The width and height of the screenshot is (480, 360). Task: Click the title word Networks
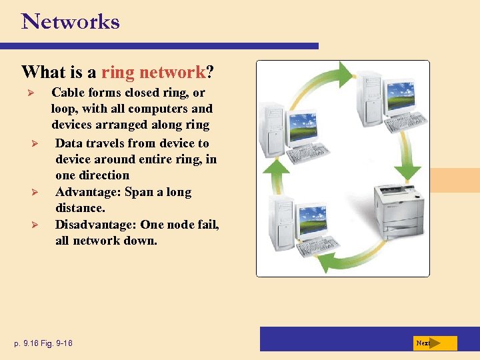[71, 21]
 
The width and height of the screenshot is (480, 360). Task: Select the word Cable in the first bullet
[67, 92]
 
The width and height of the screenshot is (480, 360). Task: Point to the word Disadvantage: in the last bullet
[96, 225]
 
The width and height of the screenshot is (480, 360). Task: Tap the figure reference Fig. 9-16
[55, 343]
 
